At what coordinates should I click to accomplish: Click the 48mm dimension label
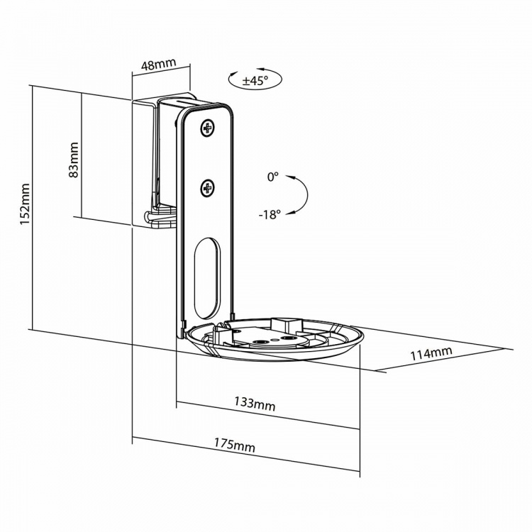[x=159, y=65]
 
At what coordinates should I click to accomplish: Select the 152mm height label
[x=23, y=206]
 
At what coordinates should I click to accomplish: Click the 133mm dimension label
[x=255, y=404]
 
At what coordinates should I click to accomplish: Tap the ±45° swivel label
[x=253, y=81]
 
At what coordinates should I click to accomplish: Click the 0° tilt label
[x=273, y=177]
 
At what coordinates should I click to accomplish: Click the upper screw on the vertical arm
[x=207, y=129]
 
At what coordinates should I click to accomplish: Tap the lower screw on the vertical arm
[x=207, y=188]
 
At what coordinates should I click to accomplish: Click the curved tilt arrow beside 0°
[x=301, y=194]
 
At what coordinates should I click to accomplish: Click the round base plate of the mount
[x=277, y=344]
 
